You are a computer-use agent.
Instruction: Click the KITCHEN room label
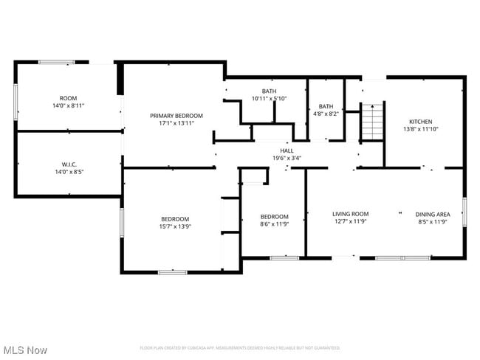pos(421,122)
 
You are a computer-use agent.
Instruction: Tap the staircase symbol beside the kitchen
pos(373,121)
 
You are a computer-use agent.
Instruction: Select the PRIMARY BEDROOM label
pos(176,116)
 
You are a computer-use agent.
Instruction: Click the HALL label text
pos(287,150)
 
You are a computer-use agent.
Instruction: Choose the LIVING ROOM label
pos(350,213)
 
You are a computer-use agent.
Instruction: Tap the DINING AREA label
pos(432,213)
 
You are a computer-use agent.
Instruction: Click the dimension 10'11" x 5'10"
pos(269,98)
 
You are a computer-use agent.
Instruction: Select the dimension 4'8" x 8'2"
pos(326,114)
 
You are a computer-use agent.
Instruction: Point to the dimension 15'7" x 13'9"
pos(176,226)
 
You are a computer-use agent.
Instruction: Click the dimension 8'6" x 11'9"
pos(272,224)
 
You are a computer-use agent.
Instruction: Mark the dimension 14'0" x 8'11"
pos(68,105)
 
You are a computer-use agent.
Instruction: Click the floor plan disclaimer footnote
pos(240,347)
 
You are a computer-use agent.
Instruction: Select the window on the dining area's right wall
pos(464,212)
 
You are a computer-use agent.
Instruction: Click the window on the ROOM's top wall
pos(55,62)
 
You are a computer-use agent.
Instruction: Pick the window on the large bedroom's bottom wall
pos(172,272)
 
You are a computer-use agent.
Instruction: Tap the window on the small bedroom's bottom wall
pos(284,257)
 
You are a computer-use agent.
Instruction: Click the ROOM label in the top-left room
pos(68,98)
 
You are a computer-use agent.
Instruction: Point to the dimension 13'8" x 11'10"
pos(421,129)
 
